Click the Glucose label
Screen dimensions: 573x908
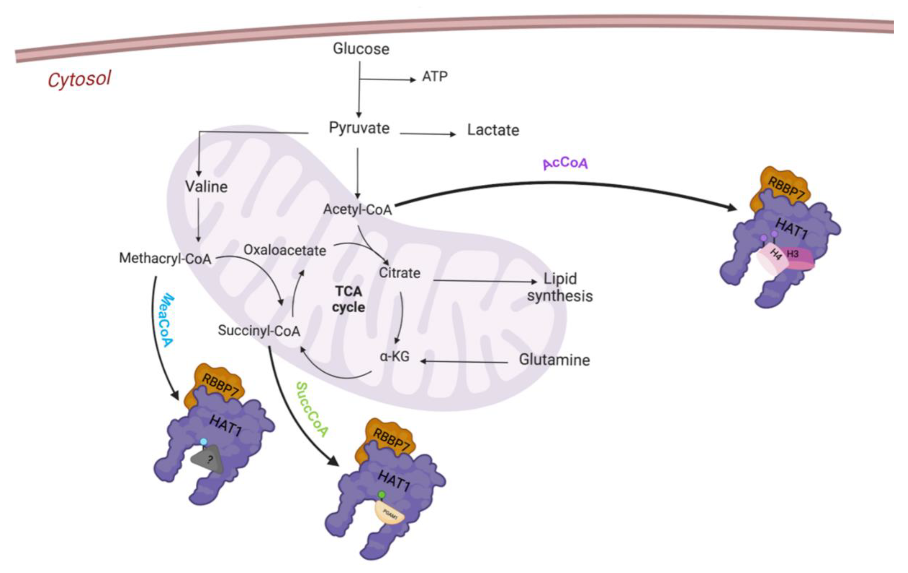361,49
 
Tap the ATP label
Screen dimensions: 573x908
434,77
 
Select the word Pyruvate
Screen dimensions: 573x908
359,128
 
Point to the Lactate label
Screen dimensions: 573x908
493,130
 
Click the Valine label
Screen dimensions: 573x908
206,187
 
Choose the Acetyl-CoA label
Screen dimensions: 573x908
357,209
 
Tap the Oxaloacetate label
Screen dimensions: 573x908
285,250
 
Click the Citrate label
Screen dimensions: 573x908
399,273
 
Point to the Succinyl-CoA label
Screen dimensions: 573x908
259,331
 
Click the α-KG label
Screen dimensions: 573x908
394,356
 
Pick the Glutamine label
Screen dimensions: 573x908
554,360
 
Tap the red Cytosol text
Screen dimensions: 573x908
79,79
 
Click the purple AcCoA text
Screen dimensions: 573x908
565,163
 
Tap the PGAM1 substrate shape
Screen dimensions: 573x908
389,514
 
